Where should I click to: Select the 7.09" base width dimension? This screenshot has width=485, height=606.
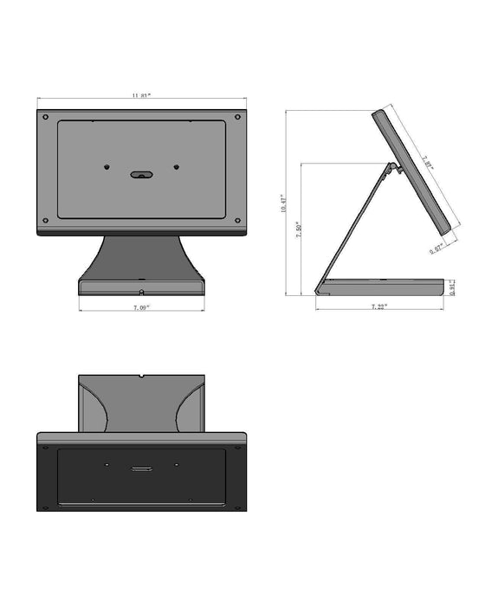[141, 307]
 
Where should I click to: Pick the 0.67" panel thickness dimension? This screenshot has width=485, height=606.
[436, 248]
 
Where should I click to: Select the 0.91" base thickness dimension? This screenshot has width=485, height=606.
[452, 287]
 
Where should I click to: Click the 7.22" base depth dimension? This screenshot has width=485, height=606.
[378, 306]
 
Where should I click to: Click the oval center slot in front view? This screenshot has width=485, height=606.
[140, 174]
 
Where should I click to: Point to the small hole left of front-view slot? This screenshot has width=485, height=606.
[105, 168]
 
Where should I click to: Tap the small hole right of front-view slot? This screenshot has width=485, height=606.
[176, 168]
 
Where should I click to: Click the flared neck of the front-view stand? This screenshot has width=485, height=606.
[140, 255]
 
